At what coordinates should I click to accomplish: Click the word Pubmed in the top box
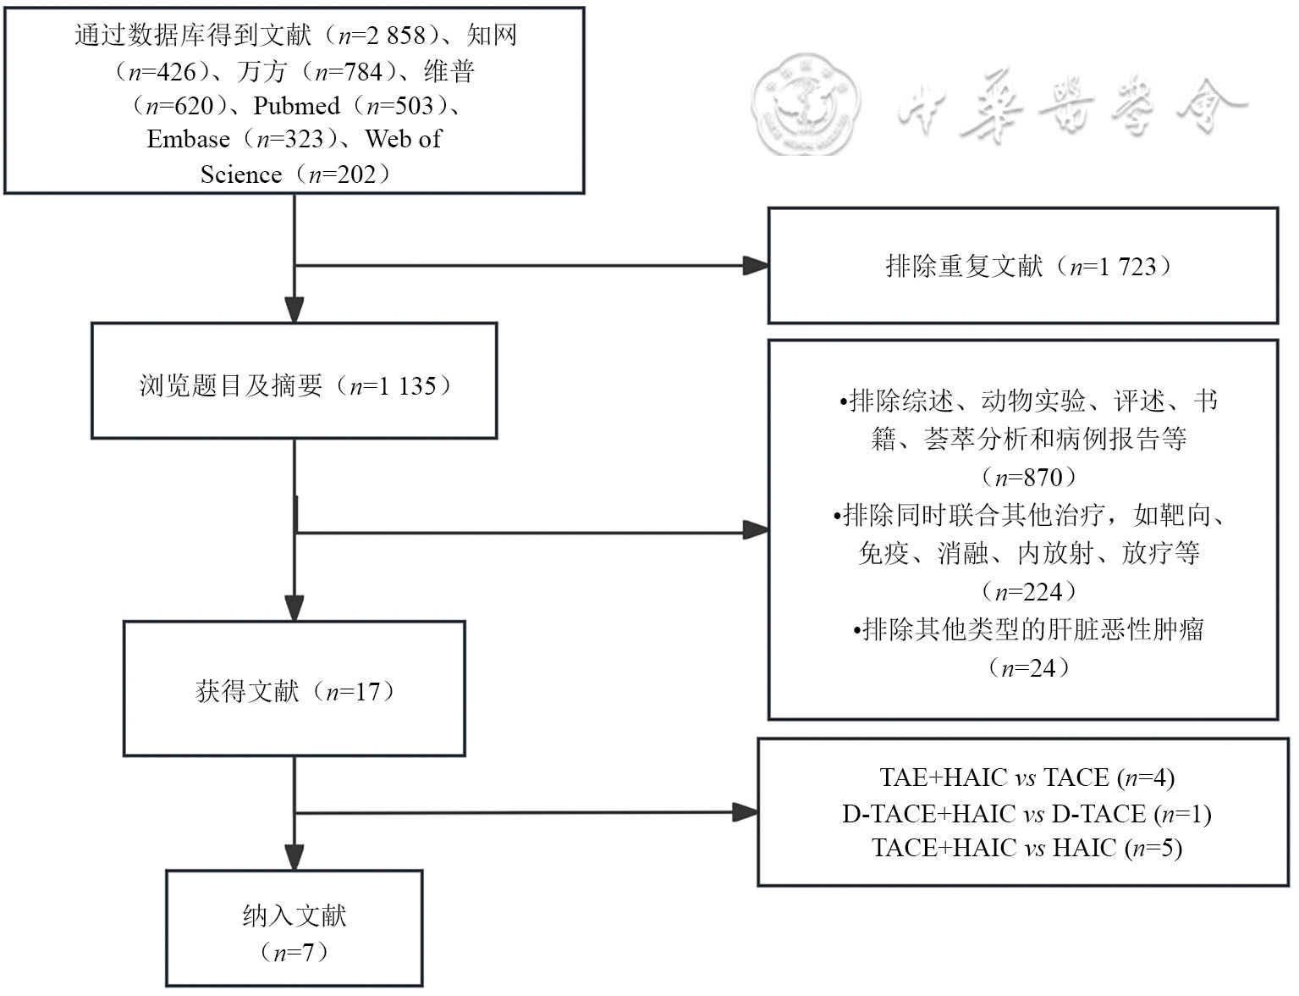pyautogui.click(x=296, y=106)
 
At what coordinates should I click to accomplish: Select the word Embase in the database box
pyautogui.click(x=189, y=140)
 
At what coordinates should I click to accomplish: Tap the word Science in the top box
pyautogui.click(x=241, y=174)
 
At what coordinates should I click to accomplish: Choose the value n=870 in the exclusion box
pyautogui.click(x=1028, y=478)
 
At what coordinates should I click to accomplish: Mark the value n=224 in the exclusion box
pyautogui.click(x=1028, y=592)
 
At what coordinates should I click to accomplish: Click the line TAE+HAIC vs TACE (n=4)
pyautogui.click(x=1027, y=777)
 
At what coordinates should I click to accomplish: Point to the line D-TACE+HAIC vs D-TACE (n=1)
pyautogui.click(x=1027, y=814)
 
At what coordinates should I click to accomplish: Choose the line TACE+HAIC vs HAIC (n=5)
pyautogui.click(x=1027, y=849)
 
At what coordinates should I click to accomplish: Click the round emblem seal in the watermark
pyautogui.click(x=806, y=105)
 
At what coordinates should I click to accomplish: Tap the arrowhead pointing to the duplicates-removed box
pyautogui.click(x=756, y=266)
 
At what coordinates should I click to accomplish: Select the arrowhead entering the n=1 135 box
pyautogui.click(x=294, y=310)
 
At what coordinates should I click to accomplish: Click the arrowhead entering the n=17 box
pyautogui.click(x=294, y=608)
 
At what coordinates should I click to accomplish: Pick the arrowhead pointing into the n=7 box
pyautogui.click(x=294, y=857)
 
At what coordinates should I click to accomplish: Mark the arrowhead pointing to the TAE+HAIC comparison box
pyautogui.click(x=746, y=812)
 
